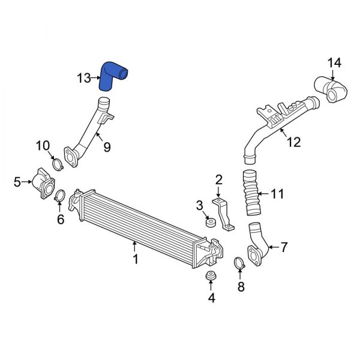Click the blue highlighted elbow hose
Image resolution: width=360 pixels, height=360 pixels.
coord(113,76)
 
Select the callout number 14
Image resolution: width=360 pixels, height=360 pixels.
coord(334,62)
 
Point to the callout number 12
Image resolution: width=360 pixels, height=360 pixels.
coord(293,142)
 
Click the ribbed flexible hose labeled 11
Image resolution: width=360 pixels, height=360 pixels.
coord(251,194)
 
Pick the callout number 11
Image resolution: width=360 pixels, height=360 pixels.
coord(277,194)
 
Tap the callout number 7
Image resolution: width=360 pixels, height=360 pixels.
coord(284,247)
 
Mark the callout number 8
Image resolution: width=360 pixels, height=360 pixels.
coord(241,287)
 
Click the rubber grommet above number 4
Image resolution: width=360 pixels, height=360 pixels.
coord(211,276)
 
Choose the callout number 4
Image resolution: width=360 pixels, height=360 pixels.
coord(211,297)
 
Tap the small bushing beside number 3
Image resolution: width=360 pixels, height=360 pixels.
coord(212,224)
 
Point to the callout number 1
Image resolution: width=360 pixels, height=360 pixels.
coord(136,259)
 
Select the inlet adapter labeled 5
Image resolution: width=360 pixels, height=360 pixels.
coord(43,182)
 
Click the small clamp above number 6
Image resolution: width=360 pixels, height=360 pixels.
coord(60,196)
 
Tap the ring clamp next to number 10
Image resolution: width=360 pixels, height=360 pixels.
coord(58,164)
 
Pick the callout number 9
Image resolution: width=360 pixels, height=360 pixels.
coord(107,146)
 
